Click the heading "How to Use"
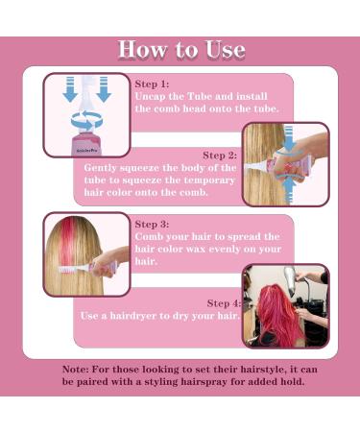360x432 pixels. click(180, 51)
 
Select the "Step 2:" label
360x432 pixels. click(220, 154)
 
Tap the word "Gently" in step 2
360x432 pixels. click(104, 166)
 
